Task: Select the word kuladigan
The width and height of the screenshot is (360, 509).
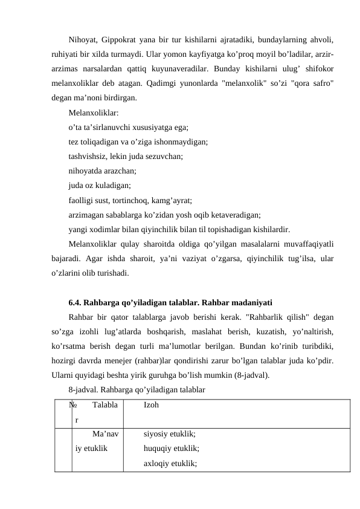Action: (x=112, y=186)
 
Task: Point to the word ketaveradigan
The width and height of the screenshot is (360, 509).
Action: (x=234, y=215)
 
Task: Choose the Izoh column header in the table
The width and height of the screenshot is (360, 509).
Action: (x=152, y=405)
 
